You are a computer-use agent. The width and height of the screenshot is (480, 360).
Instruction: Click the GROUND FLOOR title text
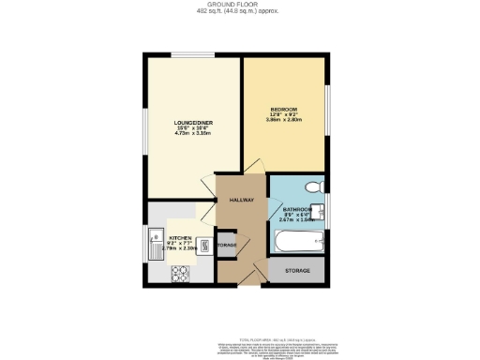click(x=239, y=5)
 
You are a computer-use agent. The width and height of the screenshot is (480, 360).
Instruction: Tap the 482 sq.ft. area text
click(x=239, y=11)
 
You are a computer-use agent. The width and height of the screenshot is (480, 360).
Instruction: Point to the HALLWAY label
click(x=241, y=199)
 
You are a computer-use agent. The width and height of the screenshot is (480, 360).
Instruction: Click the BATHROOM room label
click(x=297, y=211)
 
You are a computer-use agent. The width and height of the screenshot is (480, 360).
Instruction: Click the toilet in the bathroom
click(x=314, y=185)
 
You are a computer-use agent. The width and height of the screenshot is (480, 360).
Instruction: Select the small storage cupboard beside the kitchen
click(x=226, y=246)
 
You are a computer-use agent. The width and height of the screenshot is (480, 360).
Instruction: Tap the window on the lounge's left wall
click(x=143, y=127)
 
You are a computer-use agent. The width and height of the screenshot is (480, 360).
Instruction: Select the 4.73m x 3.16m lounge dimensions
click(x=193, y=133)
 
